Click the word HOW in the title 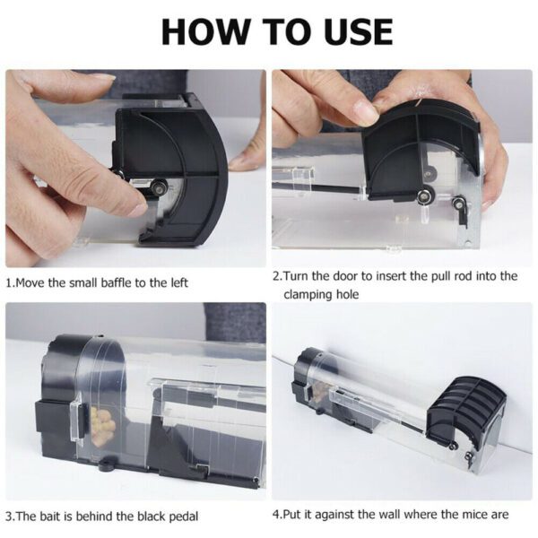tap(205, 31)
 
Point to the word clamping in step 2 tap(307, 295)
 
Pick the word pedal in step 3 tap(183, 516)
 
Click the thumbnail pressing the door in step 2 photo tap(366, 112)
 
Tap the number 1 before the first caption tap(9, 283)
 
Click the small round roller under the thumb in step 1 tap(161, 187)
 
